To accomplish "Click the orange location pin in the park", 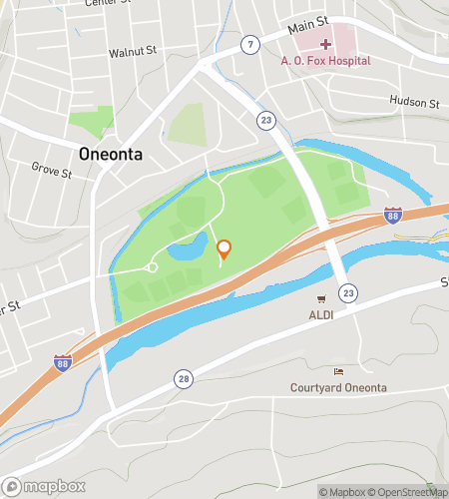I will click(224, 249).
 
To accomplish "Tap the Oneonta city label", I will click(112, 155).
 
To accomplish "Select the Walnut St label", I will click(133, 50).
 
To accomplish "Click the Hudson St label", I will click(414, 103).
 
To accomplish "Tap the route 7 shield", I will click(249, 44).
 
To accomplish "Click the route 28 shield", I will click(184, 378).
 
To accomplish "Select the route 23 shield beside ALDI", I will click(346, 292).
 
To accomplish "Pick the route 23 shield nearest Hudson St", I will click(264, 120).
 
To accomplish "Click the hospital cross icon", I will click(326, 44).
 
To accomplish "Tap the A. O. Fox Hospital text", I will click(326, 60).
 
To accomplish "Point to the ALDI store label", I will click(321, 315).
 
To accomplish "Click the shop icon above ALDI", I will click(321, 299).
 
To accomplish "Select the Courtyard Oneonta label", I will click(337, 387).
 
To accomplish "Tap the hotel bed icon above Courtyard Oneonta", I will click(337, 371).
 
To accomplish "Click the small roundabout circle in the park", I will click(152, 266).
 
